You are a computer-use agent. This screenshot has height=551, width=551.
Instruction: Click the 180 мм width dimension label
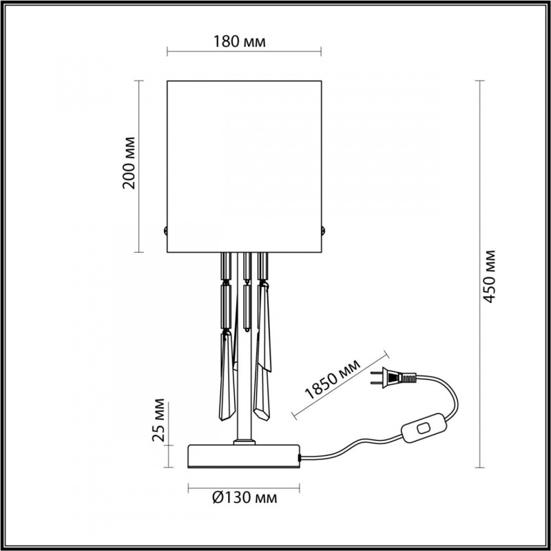pos(244,41)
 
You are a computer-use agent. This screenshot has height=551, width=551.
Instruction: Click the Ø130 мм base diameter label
pos(244,497)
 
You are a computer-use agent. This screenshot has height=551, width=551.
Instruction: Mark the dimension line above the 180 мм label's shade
pos(244,52)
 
